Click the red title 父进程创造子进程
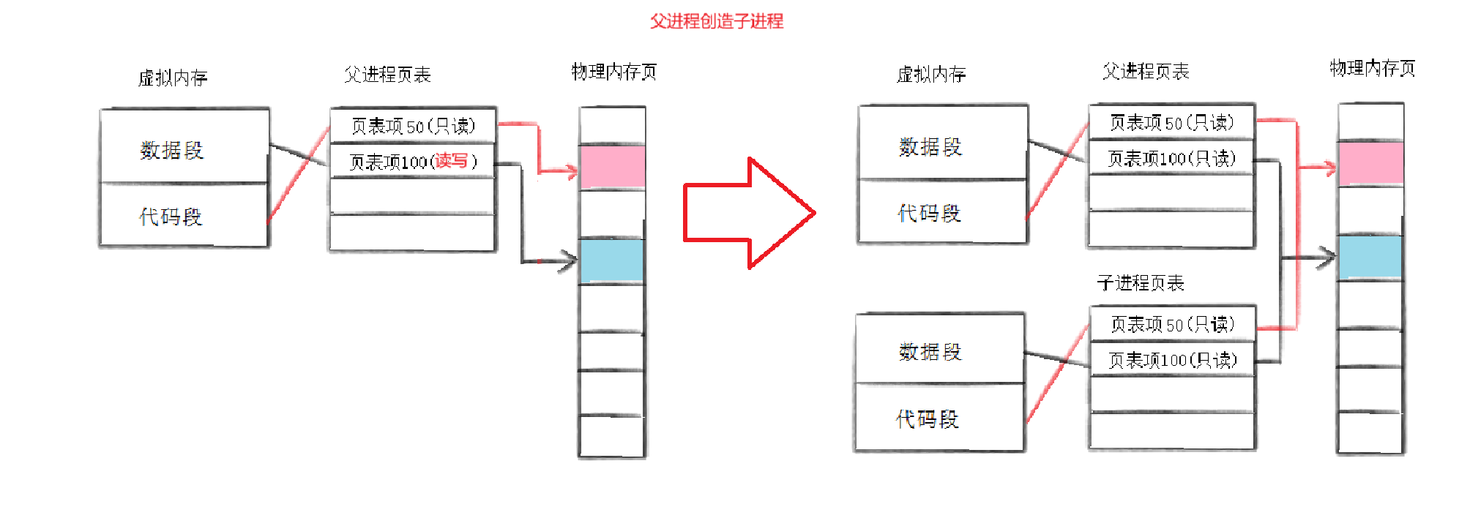716,21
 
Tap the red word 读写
451,161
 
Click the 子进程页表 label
1140,283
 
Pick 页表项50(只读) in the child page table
1172,324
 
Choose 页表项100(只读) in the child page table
1172,360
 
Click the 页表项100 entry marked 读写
412,162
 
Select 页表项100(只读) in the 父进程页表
1171,159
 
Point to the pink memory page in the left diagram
612,167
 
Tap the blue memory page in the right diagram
1370,257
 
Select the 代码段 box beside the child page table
939,418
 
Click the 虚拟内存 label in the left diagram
173,78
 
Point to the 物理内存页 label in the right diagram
1372,69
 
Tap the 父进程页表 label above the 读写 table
387,74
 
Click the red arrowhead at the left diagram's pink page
570,173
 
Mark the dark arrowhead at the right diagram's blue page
1327,258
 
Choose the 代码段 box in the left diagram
184,216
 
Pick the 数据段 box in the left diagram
184,149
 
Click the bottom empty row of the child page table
1172,431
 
